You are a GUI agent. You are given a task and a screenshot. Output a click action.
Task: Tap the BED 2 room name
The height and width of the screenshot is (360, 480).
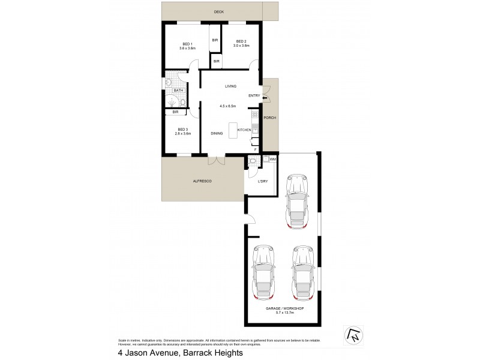[x=241, y=41]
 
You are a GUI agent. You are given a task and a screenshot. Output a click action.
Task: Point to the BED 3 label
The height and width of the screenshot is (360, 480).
[x=182, y=130]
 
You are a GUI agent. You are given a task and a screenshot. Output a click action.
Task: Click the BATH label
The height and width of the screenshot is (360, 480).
[x=178, y=91]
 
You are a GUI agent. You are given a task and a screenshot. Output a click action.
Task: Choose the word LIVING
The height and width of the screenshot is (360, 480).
[x=230, y=86]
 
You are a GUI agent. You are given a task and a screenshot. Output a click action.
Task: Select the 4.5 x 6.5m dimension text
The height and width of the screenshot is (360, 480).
[x=227, y=106]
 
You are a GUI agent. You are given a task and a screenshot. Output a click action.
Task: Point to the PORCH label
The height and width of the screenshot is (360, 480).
[x=270, y=118]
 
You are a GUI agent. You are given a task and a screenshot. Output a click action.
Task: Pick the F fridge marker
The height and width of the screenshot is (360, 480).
[x=255, y=149]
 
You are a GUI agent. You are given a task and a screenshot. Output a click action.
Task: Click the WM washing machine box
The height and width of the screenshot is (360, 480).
[x=272, y=159]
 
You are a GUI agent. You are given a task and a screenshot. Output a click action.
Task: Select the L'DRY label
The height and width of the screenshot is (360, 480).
[x=262, y=182]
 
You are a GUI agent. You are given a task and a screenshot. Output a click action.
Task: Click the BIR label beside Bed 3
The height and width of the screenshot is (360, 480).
[x=175, y=112]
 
